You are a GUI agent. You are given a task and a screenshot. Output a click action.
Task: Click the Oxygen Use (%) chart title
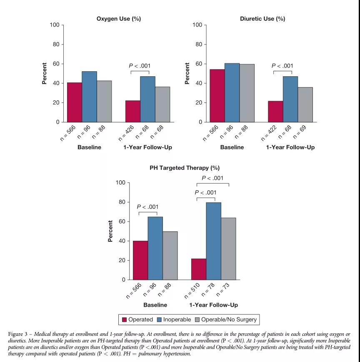(119, 19)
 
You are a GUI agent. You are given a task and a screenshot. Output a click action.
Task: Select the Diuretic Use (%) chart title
(262, 19)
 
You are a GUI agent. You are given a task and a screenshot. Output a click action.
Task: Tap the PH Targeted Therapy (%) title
(185, 168)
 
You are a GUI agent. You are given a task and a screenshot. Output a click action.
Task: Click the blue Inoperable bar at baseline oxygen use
(89, 97)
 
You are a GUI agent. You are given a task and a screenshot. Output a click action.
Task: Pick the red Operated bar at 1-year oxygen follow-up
(133, 111)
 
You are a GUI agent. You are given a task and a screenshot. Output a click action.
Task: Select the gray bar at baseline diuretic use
(247, 93)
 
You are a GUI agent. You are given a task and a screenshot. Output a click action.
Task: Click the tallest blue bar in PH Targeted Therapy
(214, 241)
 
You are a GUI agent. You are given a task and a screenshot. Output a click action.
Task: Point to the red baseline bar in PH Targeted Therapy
(140, 260)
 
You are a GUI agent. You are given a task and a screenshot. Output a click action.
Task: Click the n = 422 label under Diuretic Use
(269, 133)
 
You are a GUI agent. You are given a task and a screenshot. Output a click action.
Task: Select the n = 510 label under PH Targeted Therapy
(192, 291)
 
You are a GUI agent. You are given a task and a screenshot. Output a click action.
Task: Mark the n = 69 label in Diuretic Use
(300, 132)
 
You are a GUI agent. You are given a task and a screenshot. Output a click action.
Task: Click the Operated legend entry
(137, 320)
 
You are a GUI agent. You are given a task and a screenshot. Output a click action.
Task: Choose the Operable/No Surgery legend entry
(226, 320)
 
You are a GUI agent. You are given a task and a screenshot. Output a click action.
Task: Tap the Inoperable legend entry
(174, 320)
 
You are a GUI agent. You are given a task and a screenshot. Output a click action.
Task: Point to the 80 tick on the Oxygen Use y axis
(56, 44)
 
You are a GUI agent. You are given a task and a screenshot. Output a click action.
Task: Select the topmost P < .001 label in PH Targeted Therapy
(212, 178)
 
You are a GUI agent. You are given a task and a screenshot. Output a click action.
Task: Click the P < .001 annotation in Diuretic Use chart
(282, 66)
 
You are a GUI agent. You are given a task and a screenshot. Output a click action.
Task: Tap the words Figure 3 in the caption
(18, 334)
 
